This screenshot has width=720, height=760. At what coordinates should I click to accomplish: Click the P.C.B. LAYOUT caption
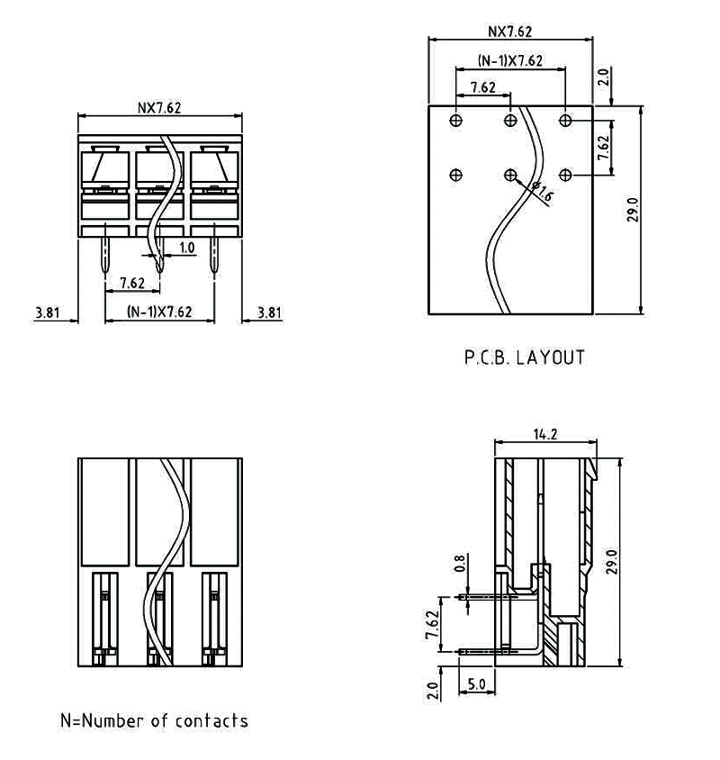[x=524, y=357]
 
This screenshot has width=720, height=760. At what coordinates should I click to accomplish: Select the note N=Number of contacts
[x=154, y=720]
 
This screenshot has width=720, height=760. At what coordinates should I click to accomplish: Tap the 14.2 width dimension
[x=545, y=434]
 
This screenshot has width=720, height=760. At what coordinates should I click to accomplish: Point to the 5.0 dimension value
[x=476, y=684]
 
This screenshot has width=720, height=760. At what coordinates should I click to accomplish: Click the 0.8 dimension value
[x=461, y=565]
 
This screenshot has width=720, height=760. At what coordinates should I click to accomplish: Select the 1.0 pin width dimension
[x=186, y=247]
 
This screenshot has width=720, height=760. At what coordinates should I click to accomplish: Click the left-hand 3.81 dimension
[x=47, y=312]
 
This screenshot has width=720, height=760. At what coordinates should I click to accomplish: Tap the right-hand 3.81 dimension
[x=268, y=312]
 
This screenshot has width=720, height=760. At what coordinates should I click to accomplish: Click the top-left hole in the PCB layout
[x=457, y=120]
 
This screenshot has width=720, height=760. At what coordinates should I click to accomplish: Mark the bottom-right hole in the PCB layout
[x=565, y=175]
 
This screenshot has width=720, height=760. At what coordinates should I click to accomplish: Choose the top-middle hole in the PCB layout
[x=510, y=120]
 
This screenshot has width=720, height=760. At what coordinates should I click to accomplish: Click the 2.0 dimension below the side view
[x=433, y=690]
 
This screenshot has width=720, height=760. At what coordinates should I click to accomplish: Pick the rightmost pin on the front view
[x=214, y=256]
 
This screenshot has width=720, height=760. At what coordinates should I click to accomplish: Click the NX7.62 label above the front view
[x=159, y=107]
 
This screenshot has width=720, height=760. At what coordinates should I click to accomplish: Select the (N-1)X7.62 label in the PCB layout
[x=510, y=60]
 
